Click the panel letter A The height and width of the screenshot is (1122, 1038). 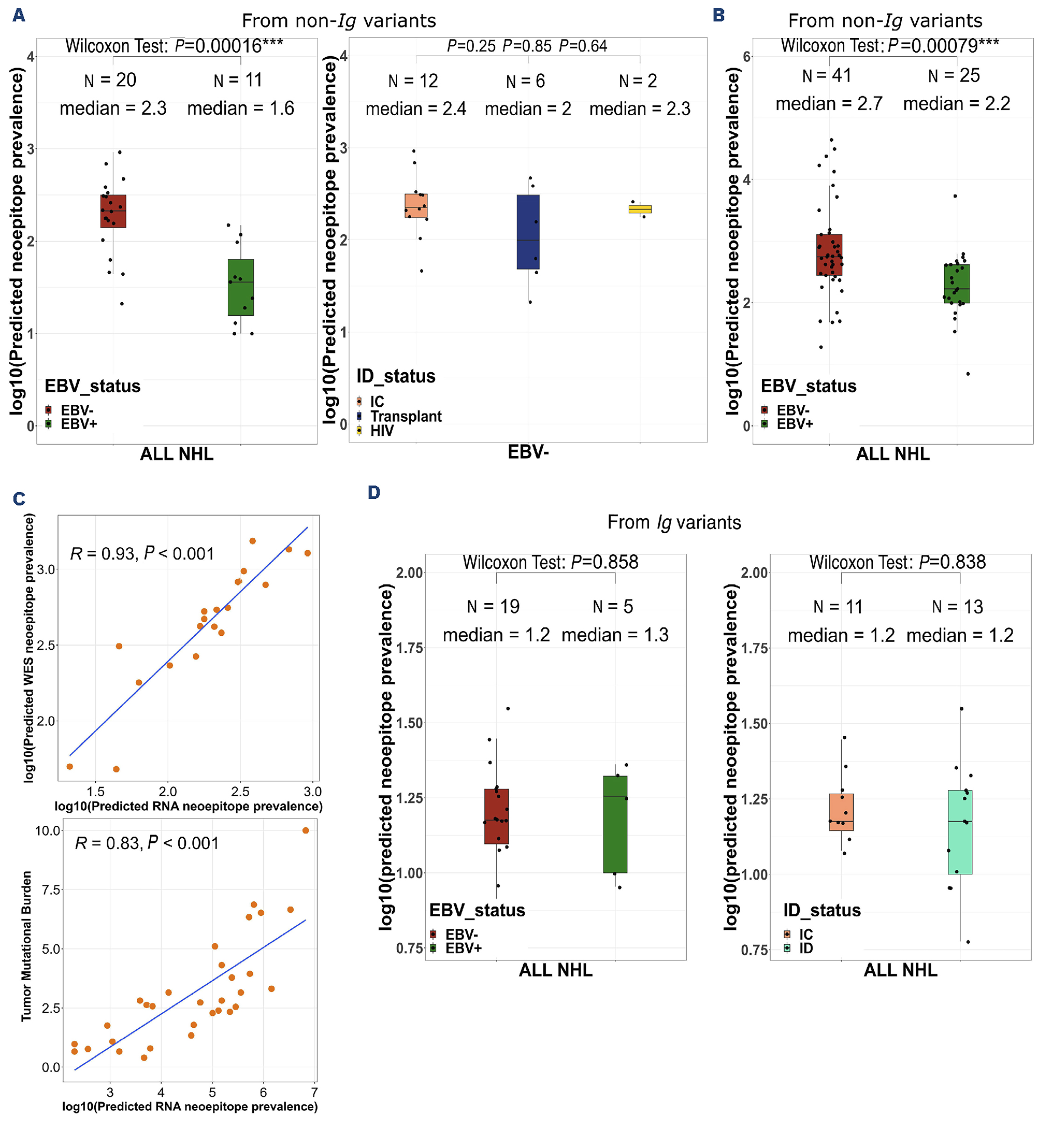[19, 15]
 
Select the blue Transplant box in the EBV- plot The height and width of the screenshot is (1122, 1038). [528, 232]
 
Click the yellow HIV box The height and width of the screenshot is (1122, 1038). [640, 209]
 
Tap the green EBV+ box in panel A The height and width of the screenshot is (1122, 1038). [240, 287]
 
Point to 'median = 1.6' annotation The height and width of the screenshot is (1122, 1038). [240, 108]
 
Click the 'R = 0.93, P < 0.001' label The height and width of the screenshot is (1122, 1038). [141, 554]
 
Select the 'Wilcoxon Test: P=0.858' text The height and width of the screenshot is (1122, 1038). [550, 562]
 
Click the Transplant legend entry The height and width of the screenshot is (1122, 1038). [406, 416]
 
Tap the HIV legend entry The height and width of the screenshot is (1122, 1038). [381, 431]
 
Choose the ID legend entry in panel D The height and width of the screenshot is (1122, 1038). [806, 948]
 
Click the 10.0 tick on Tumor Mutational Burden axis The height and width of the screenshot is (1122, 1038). [48, 830]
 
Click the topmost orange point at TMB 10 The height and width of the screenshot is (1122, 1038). [306, 830]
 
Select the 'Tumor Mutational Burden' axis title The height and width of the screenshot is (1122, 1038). [26, 946]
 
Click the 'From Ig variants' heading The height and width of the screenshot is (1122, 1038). [673, 522]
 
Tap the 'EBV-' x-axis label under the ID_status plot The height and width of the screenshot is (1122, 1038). [528, 452]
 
